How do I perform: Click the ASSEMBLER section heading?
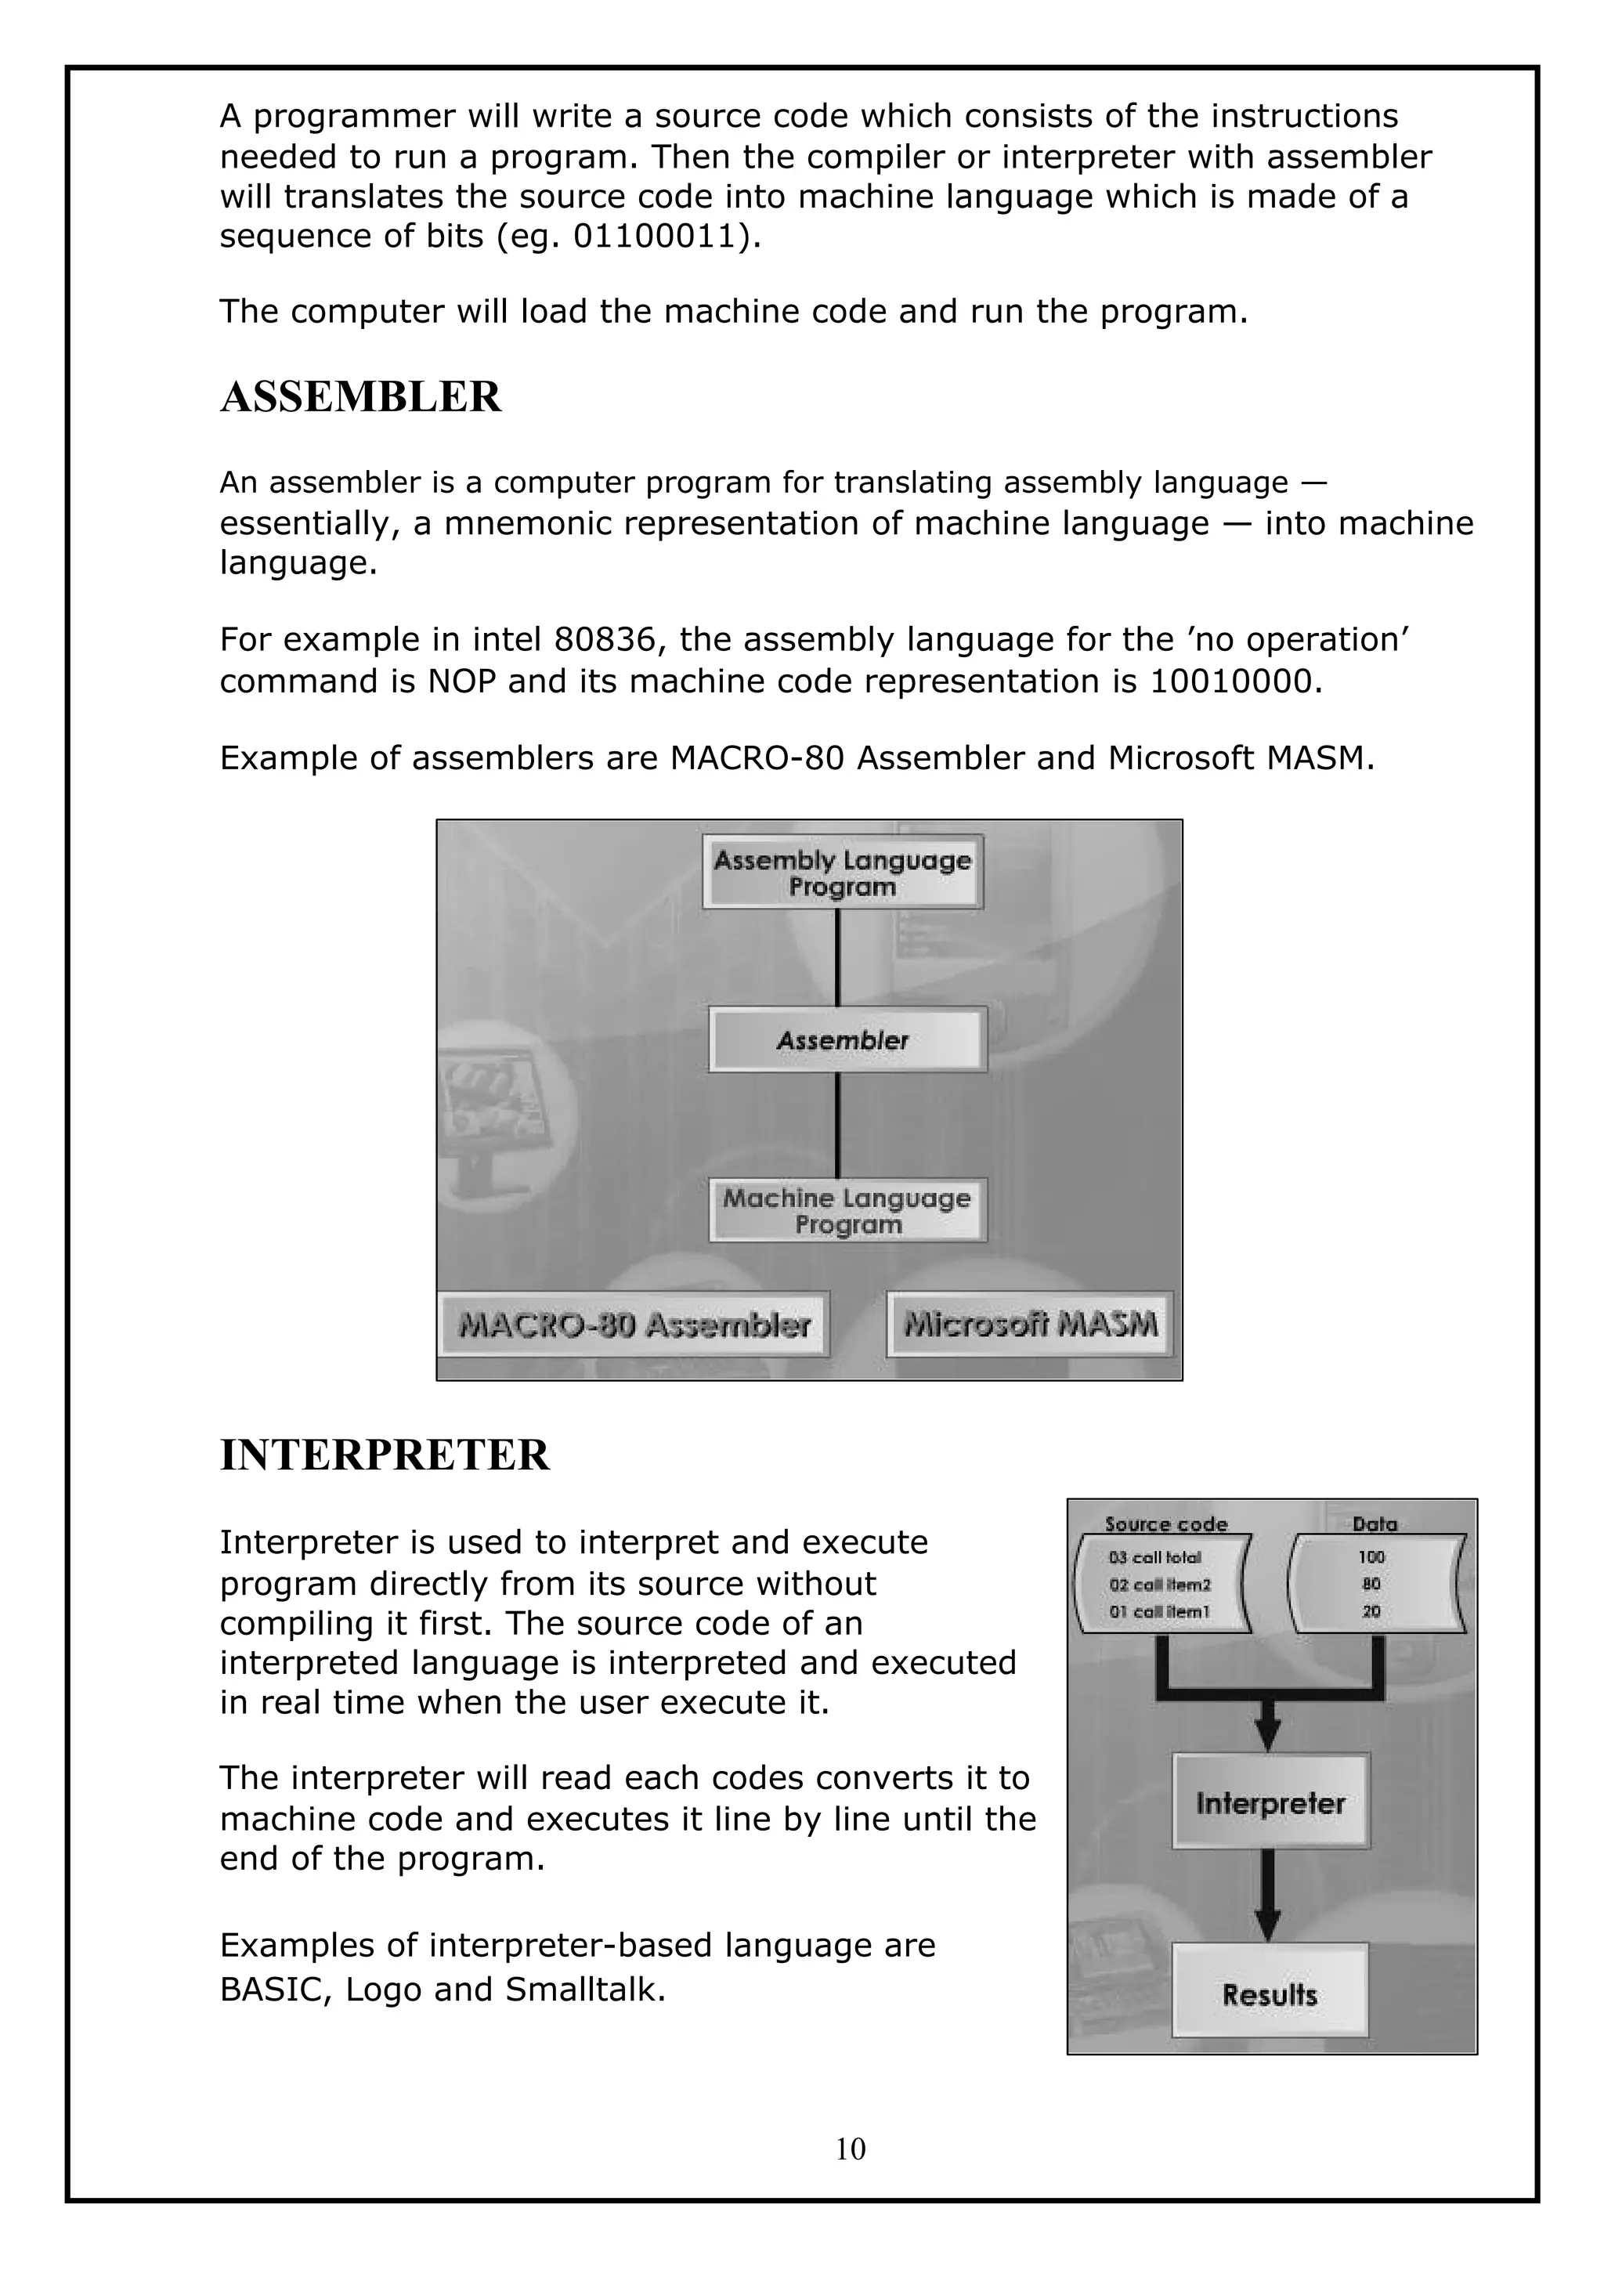click(361, 397)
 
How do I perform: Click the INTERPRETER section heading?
click(385, 1455)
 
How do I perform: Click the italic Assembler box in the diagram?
click(847, 1040)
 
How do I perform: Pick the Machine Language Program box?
click(847, 1211)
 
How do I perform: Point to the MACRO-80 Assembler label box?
click(634, 1325)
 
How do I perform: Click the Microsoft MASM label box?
click(1030, 1325)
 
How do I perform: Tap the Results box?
click(1270, 1994)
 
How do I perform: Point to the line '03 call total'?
click(1154, 1557)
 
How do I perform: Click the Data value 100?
click(1371, 1557)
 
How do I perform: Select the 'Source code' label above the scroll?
click(1165, 1524)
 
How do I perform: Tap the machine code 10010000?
click(1234, 681)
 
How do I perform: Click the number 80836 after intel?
click(604, 640)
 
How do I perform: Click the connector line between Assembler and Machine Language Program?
click(837, 1125)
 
